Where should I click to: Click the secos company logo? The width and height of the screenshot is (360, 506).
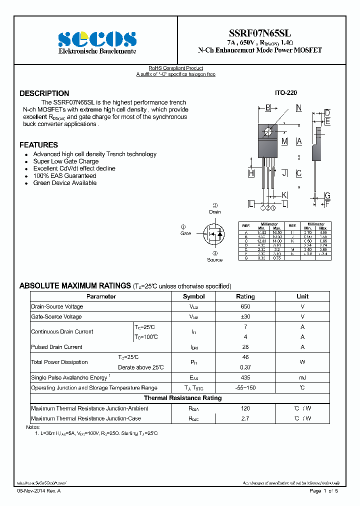97,39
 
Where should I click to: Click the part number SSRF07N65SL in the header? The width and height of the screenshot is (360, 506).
260,33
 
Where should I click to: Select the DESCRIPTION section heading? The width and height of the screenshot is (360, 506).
44,93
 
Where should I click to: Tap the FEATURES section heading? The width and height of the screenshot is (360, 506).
38,145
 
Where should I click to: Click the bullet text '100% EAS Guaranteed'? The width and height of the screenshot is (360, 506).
64,176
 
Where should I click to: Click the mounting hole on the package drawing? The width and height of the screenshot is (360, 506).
268,131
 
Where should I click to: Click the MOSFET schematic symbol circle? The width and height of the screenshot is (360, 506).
214,234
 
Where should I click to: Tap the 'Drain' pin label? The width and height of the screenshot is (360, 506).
215,212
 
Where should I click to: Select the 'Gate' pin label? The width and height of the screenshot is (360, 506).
186,233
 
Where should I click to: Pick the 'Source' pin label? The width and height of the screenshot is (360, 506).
215,260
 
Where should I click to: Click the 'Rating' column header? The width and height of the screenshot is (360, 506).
245,296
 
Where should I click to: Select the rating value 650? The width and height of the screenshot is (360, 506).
245,306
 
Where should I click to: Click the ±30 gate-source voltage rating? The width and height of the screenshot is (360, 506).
245,317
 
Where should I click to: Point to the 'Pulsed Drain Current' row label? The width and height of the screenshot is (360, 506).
56,347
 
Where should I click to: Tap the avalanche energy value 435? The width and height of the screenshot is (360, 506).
245,377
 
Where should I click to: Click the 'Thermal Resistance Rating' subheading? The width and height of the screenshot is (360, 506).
182,398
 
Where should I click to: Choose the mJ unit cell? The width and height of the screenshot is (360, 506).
302,377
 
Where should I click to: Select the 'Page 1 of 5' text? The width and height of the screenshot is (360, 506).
324,491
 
